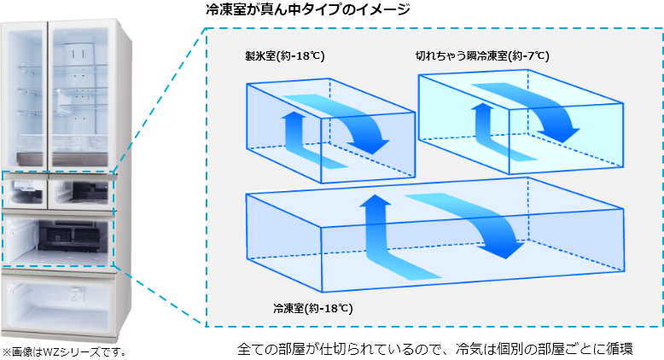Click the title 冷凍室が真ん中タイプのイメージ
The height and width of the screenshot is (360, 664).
tap(308, 9)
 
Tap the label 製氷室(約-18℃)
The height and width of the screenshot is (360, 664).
tap(284, 55)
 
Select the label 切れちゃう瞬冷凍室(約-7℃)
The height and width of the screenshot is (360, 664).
tap(482, 55)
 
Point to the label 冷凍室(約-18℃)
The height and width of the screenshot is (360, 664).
tap(313, 309)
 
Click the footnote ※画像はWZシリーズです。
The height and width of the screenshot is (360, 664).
tap(64, 352)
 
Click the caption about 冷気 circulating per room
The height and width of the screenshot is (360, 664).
tap(435, 350)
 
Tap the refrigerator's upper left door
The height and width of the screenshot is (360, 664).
tap(25, 93)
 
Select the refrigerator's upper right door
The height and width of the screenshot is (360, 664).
tap(80, 93)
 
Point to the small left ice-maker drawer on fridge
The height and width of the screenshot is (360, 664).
tap(25, 193)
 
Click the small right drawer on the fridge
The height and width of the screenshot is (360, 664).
tap(81, 193)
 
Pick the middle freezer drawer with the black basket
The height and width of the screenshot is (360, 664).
tap(58, 239)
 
